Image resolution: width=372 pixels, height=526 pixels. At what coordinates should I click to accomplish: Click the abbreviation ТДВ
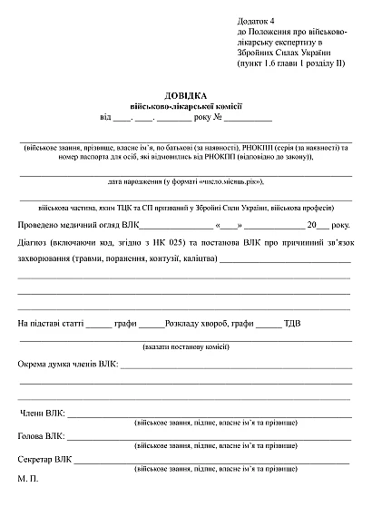(x=293, y=323)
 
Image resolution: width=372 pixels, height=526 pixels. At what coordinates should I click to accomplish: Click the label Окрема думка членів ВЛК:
(x=67, y=365)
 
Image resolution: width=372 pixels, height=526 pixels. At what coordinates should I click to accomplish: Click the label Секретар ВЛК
(x=45, y=460)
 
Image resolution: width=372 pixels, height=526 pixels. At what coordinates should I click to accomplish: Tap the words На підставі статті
(x=52, y=323)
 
